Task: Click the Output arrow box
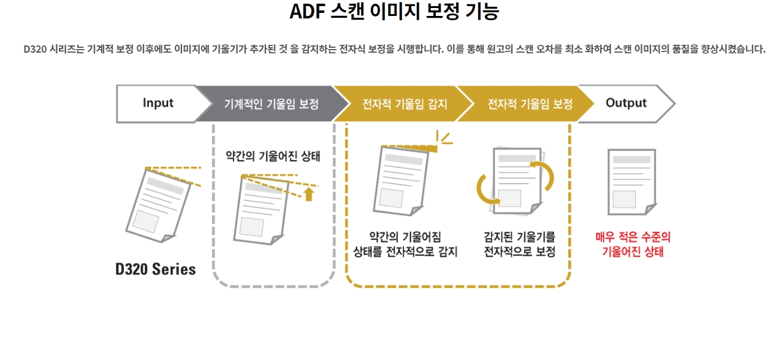[626, 103]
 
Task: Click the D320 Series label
[156, 269]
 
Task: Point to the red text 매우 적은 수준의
[633, 237]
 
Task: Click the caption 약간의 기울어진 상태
[273, 156]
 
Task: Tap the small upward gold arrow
[309, 194]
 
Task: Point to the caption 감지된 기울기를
[519, 237]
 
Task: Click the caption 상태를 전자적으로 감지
[405, 251]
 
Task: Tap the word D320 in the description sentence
[36, 50]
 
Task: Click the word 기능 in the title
[482, 12]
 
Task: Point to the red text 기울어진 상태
[633, 252]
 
